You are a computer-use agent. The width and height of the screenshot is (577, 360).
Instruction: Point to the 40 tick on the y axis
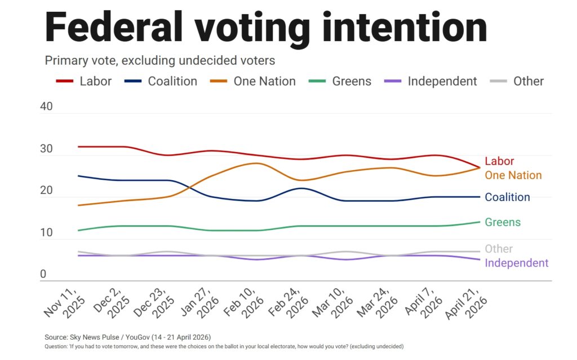coord(46,107)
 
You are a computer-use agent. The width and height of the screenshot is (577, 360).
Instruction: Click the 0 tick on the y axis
coord(43,274)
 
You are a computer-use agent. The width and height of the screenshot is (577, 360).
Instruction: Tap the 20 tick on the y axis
coord(46,190)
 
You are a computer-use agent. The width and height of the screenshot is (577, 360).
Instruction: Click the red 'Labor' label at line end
coord(499,162)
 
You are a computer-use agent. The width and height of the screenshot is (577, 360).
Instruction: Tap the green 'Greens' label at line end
coord(503,223)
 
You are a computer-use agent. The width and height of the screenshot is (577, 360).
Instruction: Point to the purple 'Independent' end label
coord(516,263)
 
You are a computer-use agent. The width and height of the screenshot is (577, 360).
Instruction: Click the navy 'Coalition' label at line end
coord(507,197)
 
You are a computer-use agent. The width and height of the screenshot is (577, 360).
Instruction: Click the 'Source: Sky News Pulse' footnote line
coord(127,337)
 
